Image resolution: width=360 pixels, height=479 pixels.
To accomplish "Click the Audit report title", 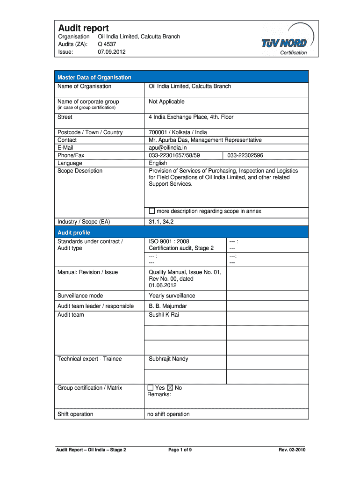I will [x=83, y=28].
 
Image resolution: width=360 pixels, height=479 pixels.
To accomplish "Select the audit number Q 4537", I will [x=107, y=44].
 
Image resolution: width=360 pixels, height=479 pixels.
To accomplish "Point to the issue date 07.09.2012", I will [x=111, y=52].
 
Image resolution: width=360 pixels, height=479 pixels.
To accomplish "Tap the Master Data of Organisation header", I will [x=94, y=77].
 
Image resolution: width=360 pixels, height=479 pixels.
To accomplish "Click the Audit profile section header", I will [x=74, y=232].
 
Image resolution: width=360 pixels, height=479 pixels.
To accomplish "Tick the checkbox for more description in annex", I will [x=151, y=211].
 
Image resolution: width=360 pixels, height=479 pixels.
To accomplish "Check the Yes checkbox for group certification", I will [x=151, y=388].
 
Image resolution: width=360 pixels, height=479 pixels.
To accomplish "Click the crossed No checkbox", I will [x=170, y=388].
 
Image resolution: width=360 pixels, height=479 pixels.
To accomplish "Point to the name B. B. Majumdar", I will [x=168, y=306].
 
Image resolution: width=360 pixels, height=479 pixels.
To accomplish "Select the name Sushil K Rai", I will [x=164, y=315].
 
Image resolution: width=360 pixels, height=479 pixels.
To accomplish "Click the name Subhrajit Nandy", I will [x=168, y=359].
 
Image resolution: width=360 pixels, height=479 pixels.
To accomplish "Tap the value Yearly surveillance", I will [x=172, y=296].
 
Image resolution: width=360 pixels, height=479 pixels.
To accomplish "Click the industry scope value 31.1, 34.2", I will [x=161, y=222].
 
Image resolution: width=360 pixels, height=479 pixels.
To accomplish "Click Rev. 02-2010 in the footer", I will [x=292, y=450].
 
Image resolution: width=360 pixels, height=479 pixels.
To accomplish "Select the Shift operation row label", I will [x=75, y=414].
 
